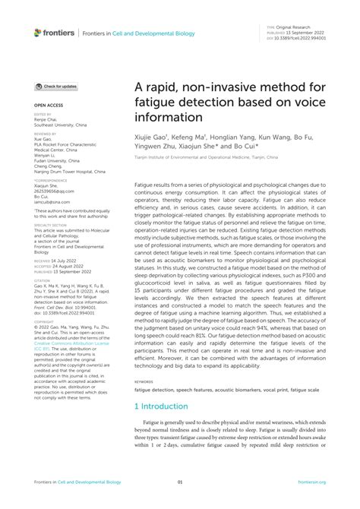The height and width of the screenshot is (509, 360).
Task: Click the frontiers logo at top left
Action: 54,33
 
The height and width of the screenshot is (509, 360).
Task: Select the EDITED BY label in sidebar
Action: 43,114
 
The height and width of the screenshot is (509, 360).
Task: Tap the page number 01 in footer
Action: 180,482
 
